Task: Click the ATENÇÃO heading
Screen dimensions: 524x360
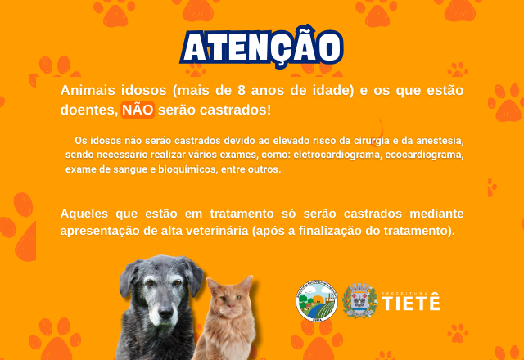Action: tap(262, 47)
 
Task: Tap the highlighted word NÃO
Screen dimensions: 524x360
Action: tap(138, 110)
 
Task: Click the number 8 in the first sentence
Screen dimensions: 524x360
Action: tap(242, 91)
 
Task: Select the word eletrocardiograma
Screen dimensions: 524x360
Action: tap(337, 155)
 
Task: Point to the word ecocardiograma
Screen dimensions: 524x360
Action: tap(424, 155)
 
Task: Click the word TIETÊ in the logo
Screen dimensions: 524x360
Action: tap(411, 304)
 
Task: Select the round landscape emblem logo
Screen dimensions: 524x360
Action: tap(317, 300)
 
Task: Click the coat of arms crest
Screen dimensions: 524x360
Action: tap(359, 300)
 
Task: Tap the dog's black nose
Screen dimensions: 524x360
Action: tap(165, 313)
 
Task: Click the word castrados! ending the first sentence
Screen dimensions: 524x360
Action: tap(235, 110)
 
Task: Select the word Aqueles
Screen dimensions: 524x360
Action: tap(84, 214)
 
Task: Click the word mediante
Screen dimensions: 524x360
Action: tap(436, 214)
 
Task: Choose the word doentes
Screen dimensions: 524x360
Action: tap(88, 110)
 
